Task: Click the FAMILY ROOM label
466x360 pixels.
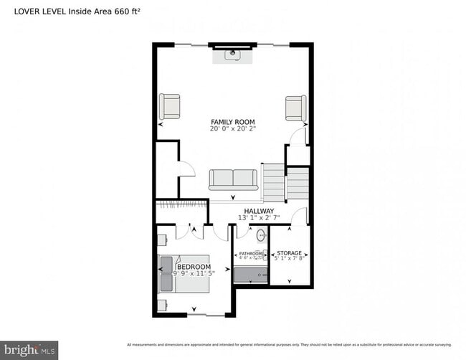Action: point(232,122)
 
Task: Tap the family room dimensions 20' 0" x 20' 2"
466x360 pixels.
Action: point(232,129)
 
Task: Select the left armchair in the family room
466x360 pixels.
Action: point(170,106)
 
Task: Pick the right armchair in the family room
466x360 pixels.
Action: point(295,108)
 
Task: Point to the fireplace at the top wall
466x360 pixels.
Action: point(233,54)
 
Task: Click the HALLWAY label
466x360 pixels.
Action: point(257,211)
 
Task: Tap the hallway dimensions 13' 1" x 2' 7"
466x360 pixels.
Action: point(257,218)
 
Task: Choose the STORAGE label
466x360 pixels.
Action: point(290,253)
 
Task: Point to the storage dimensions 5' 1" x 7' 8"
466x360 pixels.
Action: point(290,260)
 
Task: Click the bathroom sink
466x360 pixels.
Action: point(262,235)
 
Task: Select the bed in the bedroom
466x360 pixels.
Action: point(184,273)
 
